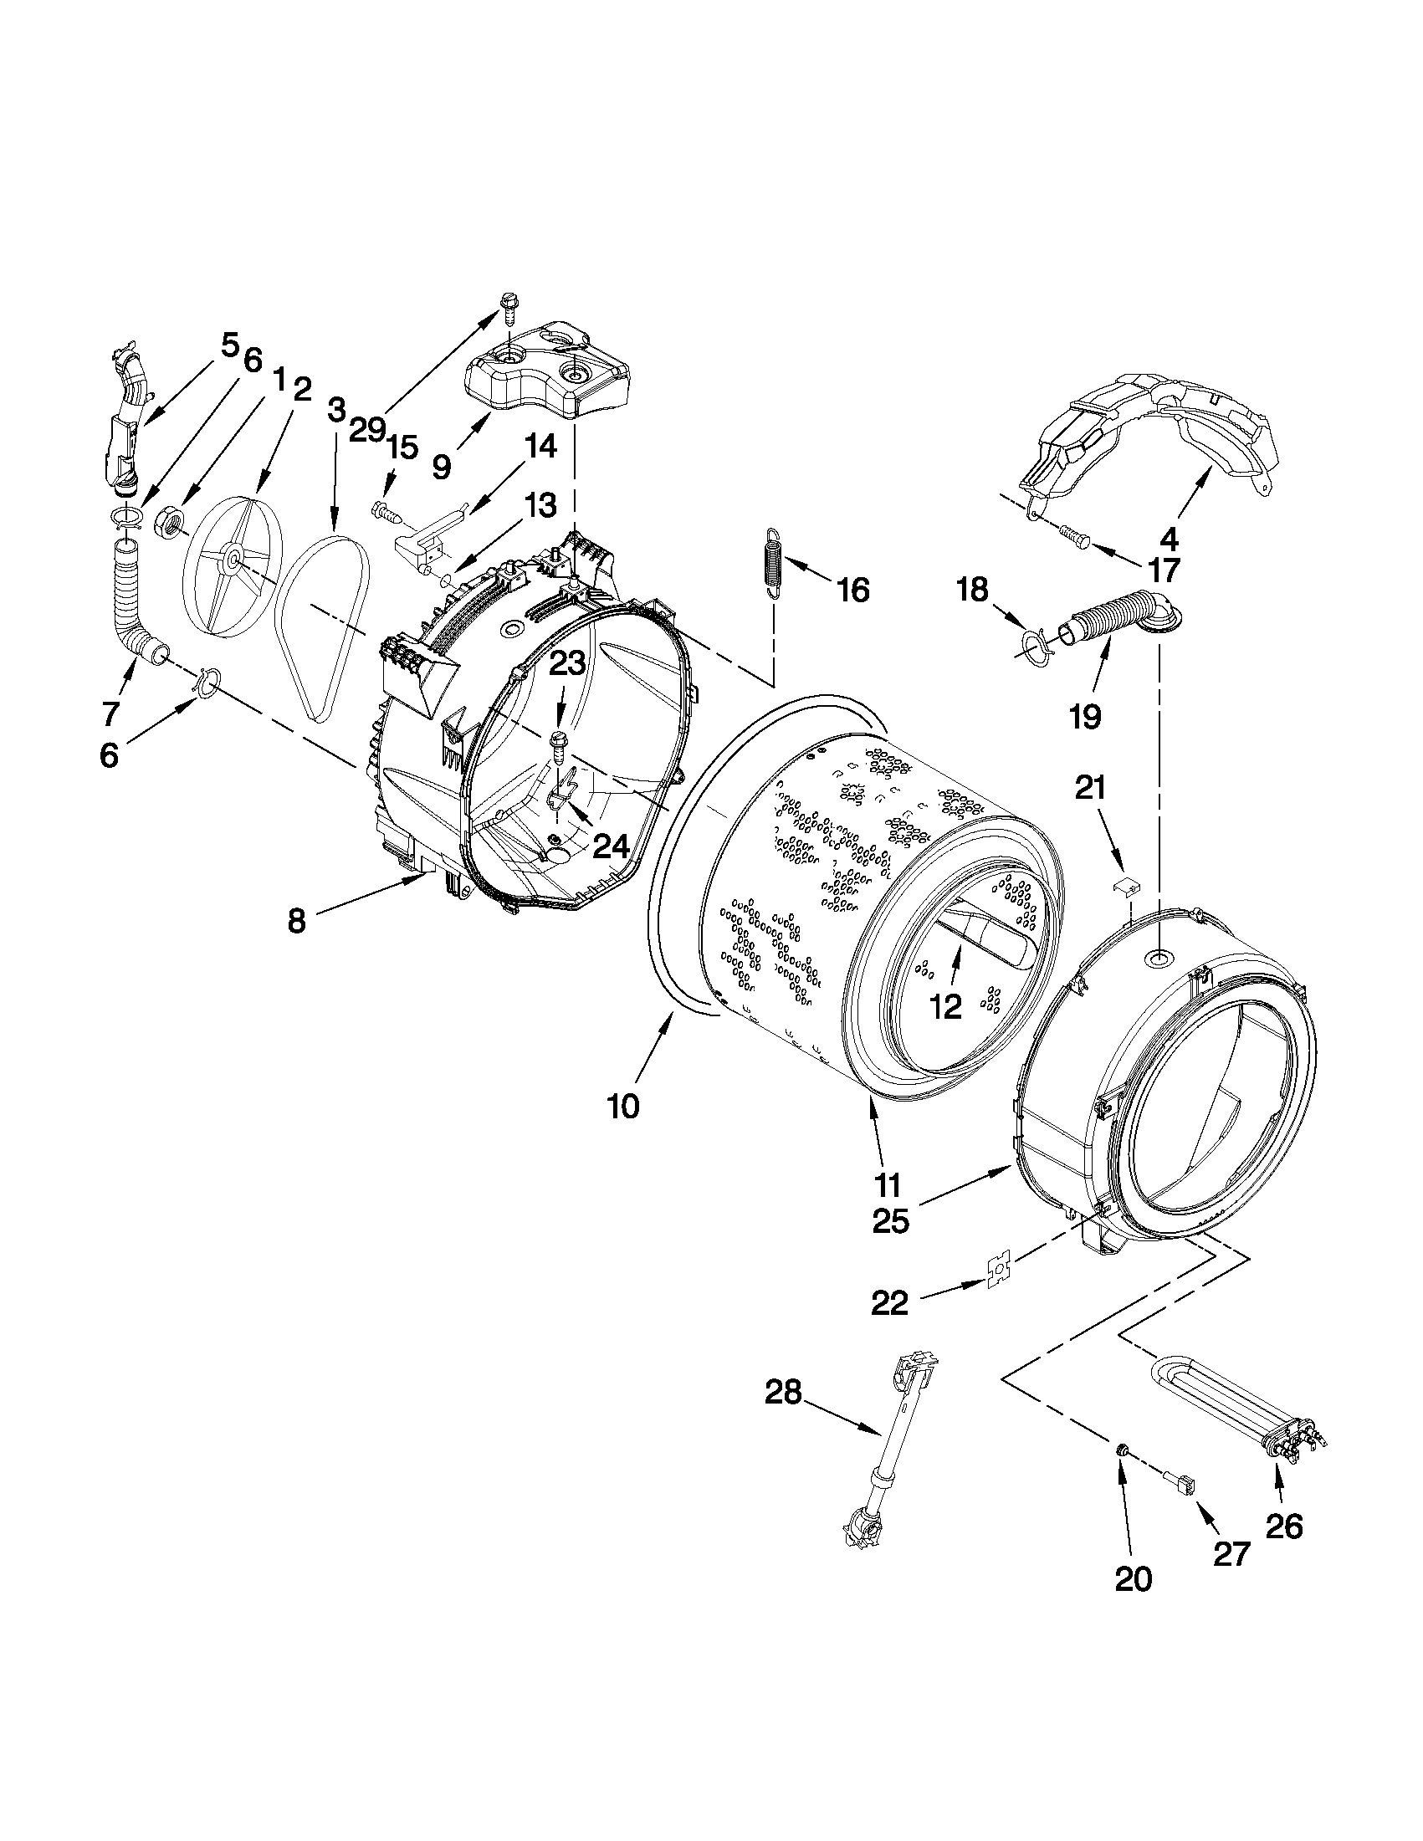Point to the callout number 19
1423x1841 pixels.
pos(1085,716)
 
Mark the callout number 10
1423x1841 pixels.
pos(623,1106)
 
